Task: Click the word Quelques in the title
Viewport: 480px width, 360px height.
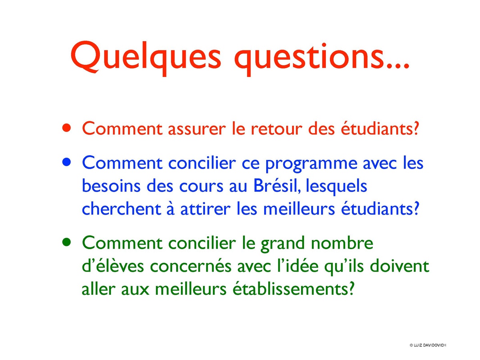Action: pyautogui.click(x=146, y=57)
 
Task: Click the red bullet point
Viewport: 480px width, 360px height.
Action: pyautogui.click(x=67, y=128)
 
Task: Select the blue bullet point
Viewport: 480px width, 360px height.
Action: pyautogui.click(x=67, y=162)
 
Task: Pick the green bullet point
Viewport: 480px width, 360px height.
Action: pyautogui.click(x=67, y=242)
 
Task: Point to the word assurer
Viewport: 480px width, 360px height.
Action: pyautogui.click(x=197, y=129)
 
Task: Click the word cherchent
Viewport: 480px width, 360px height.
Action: pyautogui.click(x=122, y=209)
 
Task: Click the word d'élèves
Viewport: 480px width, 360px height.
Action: pyautogui.click(x=112, y=266)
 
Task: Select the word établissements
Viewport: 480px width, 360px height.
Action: pyautogui.click(x=293, y=289)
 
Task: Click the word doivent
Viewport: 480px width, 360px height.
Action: pyautogui.click(x=399, y=266)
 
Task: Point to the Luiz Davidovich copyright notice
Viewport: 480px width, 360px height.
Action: pyautogui.click(x=428, y=345)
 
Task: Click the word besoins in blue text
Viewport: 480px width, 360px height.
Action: pyautogui.click(x=111, y=186)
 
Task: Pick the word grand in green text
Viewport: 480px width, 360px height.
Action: pyautogui.click(x=283, y=244)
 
